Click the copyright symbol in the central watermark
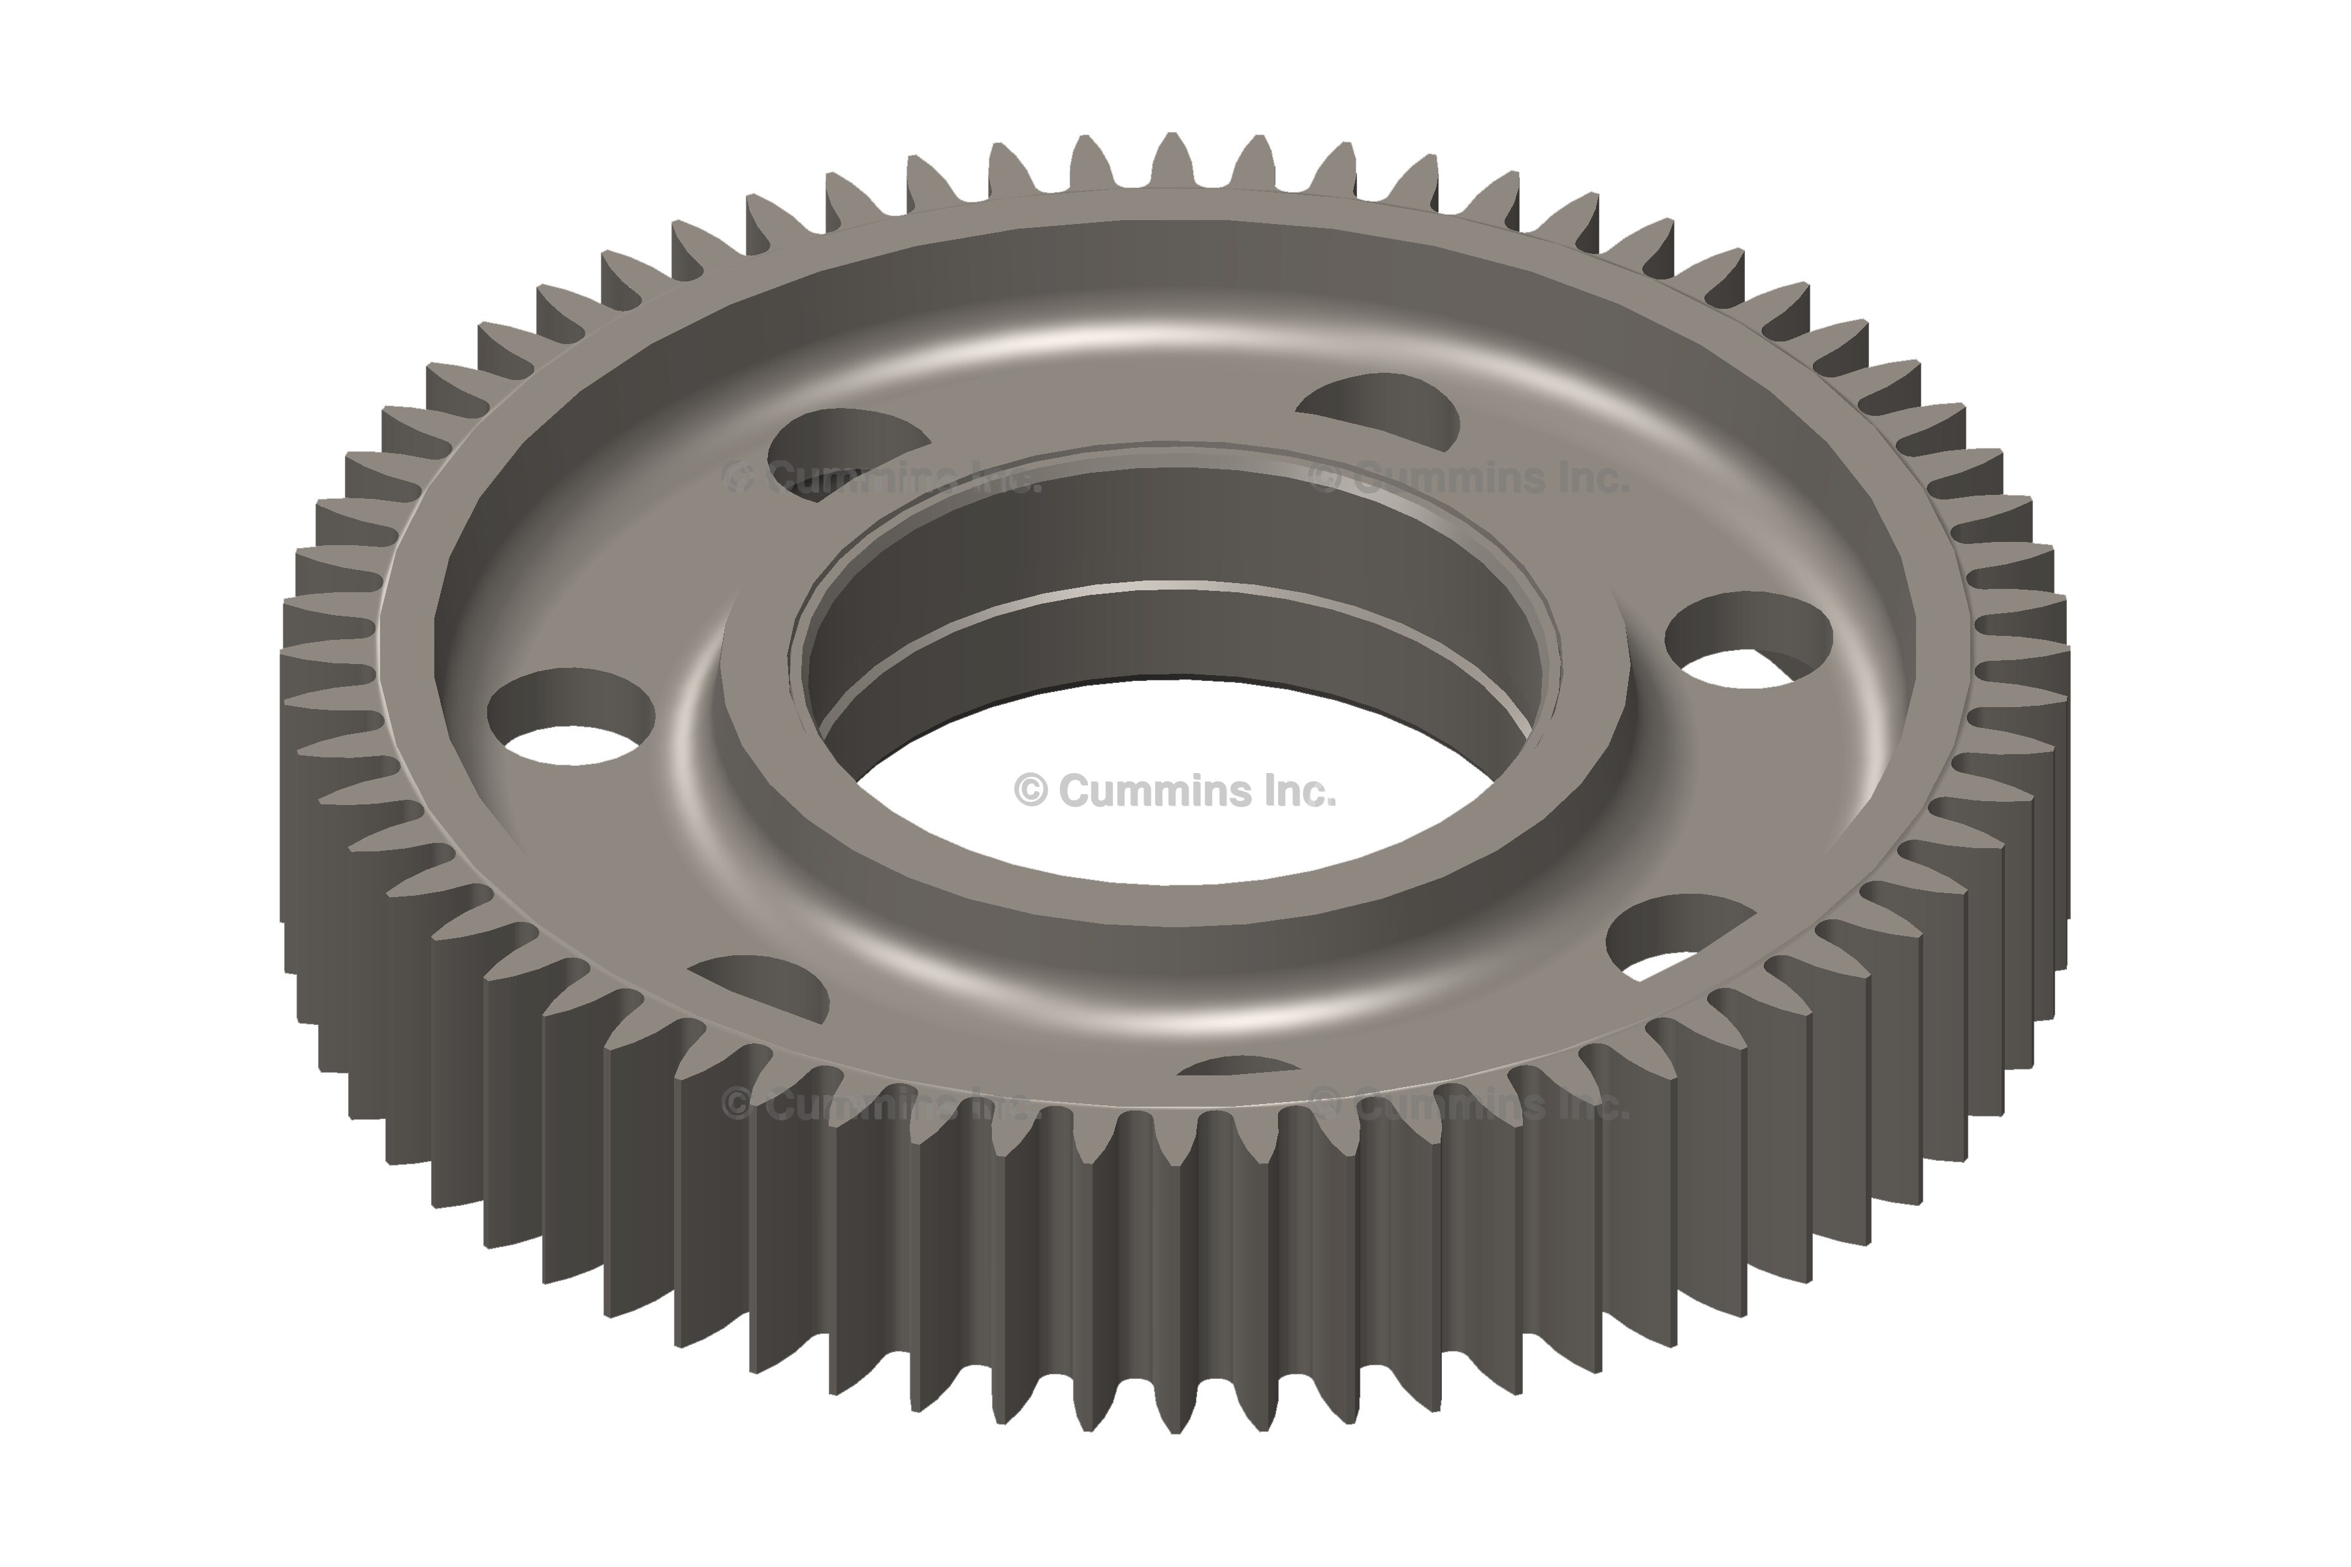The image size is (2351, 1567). (x=1031, y=791)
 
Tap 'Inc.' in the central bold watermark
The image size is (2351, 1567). (x=1298, y=791)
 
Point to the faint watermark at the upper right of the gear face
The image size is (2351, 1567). (x=1469, y=478)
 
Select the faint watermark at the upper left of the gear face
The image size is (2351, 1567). (x=882, y=478)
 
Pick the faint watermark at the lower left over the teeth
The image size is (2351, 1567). (x=876, y=1104)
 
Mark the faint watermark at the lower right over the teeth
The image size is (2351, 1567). (x=1469, y=1104)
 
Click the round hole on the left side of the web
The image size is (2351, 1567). (x=571, y=716)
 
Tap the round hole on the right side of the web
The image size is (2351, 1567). (x=1748, y=641)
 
